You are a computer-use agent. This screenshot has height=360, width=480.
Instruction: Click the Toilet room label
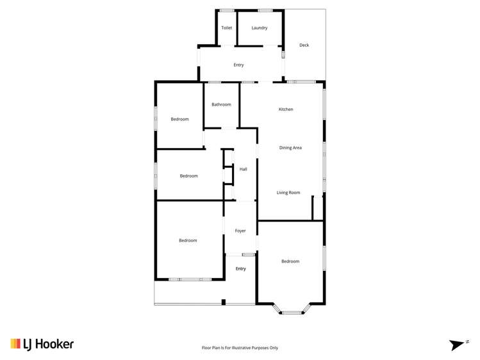227,28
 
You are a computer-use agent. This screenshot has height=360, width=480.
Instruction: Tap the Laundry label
260,28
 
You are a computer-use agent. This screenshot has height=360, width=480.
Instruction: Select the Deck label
304,45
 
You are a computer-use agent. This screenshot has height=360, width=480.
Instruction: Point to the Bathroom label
222,104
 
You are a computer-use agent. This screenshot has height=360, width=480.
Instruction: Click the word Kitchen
286,110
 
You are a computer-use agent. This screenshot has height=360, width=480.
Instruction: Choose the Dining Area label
290,148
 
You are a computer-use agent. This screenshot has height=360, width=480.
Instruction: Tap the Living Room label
288,193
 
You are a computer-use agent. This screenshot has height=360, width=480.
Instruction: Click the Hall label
244,169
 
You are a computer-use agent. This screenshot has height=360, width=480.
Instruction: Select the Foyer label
240,231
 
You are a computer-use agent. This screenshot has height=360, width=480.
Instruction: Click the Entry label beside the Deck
238,65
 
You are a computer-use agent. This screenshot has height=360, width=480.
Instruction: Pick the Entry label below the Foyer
240,269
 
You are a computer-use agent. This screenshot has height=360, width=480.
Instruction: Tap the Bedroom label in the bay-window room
290,261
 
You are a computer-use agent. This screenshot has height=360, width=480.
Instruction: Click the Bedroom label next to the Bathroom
179,119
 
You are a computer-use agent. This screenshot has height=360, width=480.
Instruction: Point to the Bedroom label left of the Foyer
188,241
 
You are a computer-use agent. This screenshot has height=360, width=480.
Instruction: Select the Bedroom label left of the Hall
188,176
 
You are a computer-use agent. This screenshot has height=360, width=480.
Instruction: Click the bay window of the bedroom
292,311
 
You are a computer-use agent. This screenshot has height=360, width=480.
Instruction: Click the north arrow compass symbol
458,345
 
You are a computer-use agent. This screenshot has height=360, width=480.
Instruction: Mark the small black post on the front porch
223,302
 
